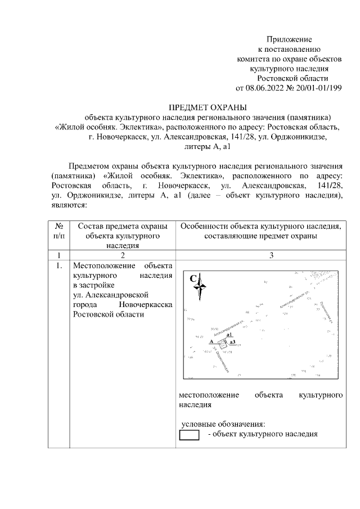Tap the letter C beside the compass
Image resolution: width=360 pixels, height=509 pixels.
pos(192,278)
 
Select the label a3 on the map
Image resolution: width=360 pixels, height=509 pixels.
pos(232,341)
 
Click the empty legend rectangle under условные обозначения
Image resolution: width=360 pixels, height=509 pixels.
pos(189,435)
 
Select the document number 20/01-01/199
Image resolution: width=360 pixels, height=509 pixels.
pos(318,88)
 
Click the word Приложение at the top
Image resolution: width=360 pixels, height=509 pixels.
pos(289,40)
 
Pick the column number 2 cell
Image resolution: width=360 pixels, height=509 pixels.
pos(123,255)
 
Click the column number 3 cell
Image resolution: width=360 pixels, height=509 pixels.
pos(271,255)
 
